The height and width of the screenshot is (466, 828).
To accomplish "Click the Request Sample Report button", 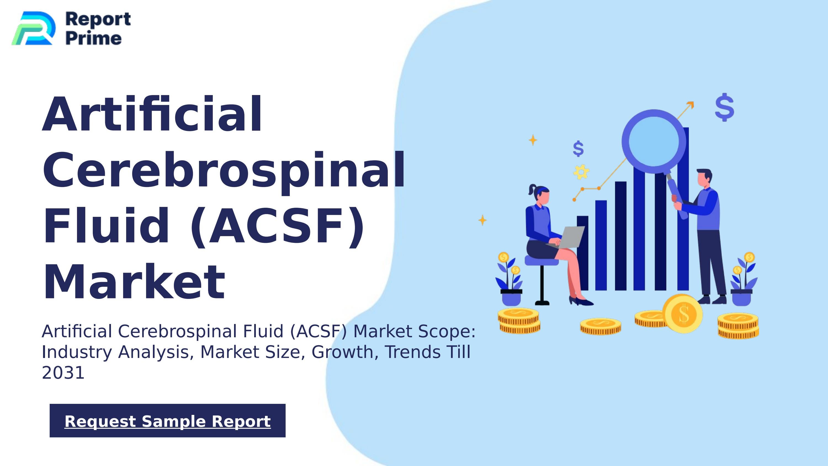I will click(x=168, y=421).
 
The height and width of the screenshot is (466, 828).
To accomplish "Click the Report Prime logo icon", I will click(x=33, y=28).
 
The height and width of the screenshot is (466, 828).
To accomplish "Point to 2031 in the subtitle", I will click(x=63, y=373).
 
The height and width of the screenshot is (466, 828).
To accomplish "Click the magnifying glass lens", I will click(x=654, y=141).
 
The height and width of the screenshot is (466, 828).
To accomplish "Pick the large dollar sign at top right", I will click(x=725, y=107).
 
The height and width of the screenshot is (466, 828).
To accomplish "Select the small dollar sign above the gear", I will click(x=578, y=149).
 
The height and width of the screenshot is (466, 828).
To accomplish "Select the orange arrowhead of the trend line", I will click(x=691, y=105).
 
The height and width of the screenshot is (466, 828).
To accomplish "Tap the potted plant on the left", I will click(x=510, y=283).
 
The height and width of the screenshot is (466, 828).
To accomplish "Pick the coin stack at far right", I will click(x=738, y=326).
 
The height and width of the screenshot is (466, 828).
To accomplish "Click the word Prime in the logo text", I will click(x=94, y=39).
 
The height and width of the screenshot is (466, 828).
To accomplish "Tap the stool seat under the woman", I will click(x=541, y=260).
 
